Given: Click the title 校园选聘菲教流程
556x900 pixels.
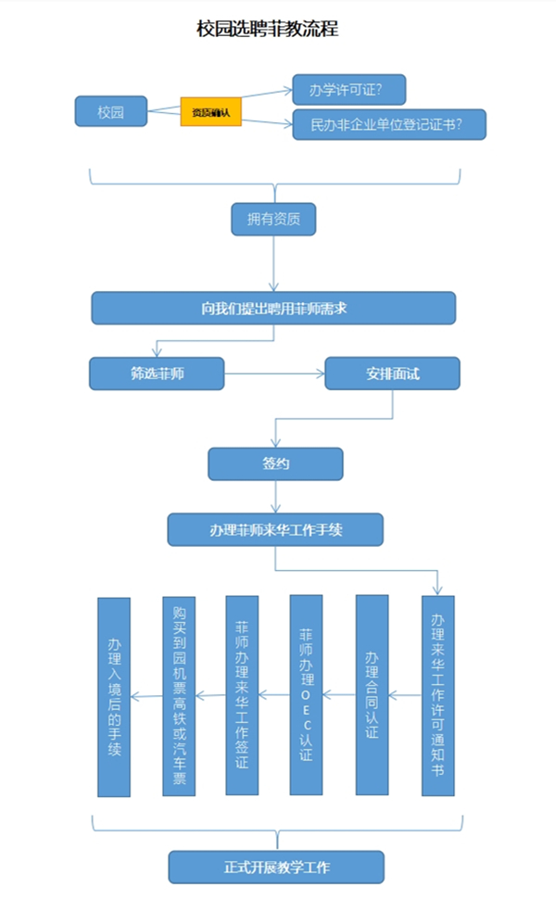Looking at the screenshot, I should point(267,30).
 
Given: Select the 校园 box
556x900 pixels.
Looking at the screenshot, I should point(110,112).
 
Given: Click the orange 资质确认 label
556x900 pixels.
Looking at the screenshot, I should point(210,112).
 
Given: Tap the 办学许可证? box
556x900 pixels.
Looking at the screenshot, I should point(348,90).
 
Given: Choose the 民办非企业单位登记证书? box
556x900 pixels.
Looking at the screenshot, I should point(389,124).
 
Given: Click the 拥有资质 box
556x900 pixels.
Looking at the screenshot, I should point(273,220).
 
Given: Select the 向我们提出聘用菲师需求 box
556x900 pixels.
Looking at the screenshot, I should point(273,308).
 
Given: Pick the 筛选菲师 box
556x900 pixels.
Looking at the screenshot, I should point(156,374).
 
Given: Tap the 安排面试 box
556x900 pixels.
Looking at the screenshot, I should point(392,374).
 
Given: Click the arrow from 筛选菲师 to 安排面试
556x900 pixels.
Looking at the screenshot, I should point(273,374).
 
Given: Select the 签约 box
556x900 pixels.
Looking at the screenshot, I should point(275,464).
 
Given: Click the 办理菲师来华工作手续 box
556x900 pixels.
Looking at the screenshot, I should point(275,530).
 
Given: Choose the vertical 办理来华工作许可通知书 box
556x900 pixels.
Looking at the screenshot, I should point(438,695).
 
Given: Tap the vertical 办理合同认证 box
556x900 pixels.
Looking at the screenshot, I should point(372,695).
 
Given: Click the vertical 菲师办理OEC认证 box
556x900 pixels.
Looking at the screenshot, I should point(306,695).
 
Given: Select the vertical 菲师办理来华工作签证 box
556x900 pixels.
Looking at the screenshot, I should point(242,695).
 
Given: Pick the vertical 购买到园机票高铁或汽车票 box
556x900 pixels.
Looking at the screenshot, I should point(179,695).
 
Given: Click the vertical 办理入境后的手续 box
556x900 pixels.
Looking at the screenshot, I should point(114,695).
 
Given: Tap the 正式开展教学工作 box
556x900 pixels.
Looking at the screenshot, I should point(276,868).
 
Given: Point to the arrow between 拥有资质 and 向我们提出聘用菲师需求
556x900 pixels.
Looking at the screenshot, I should point(273,264).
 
